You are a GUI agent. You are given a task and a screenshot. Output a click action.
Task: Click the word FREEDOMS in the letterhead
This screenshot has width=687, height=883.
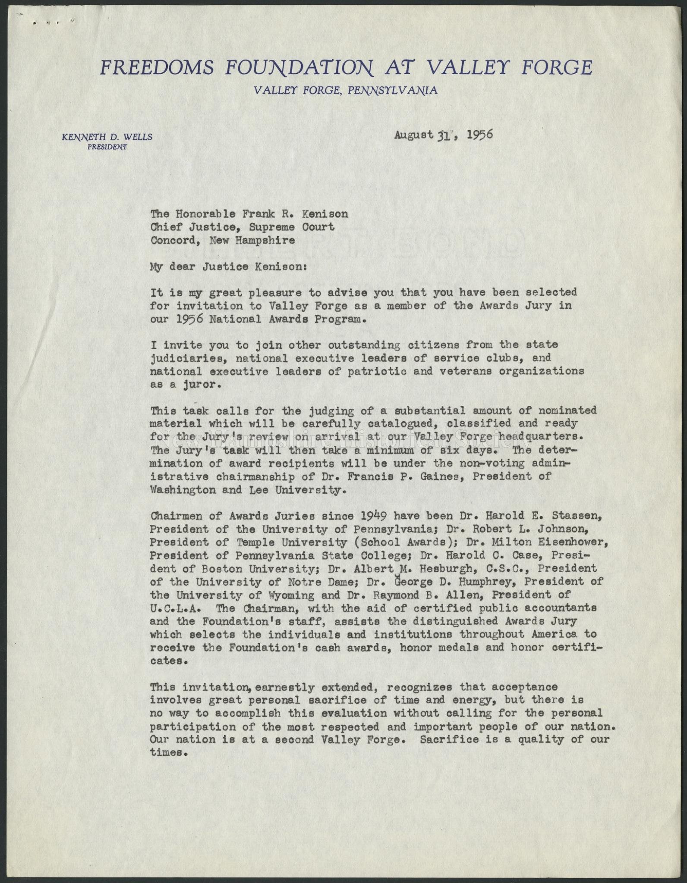[157, 68]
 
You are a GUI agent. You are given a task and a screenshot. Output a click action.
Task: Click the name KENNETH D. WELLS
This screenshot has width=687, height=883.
[107, 138]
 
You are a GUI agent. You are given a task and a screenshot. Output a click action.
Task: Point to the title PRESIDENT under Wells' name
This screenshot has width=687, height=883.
[107, 147]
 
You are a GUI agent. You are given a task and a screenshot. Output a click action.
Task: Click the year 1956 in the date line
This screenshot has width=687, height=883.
[475, 135]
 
